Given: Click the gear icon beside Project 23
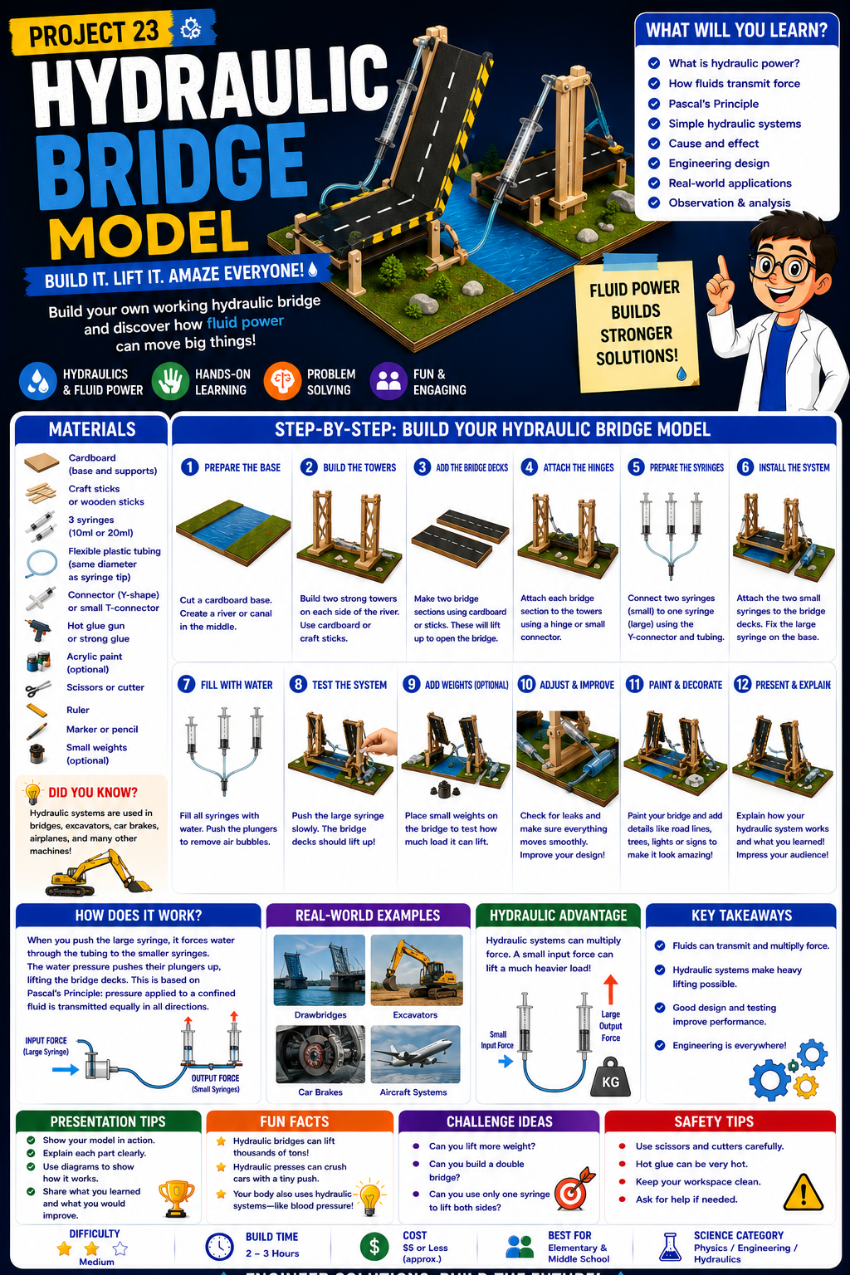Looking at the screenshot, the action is pos(190,30).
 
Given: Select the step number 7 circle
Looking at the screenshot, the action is pos(186,684).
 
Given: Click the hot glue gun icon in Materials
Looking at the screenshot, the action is pos(38,631).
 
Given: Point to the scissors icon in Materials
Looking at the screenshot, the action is pos(38,689).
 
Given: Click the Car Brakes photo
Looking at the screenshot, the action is pos(320,1054).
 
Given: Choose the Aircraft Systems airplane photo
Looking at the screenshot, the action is pos(415,1054).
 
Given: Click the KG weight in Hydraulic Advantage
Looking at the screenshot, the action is pos(610,1077).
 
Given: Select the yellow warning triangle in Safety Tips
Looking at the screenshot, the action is pos(803,1192).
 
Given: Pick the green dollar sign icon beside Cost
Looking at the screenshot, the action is pos(374,1247).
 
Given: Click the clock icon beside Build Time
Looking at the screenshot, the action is pos(219,1247).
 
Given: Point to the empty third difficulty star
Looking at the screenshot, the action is pos(120,1248).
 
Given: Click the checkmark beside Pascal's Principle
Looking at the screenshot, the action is pos(654,104).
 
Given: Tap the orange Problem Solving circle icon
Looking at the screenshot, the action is pos(282,381).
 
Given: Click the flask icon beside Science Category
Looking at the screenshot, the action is pos(670,1247).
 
